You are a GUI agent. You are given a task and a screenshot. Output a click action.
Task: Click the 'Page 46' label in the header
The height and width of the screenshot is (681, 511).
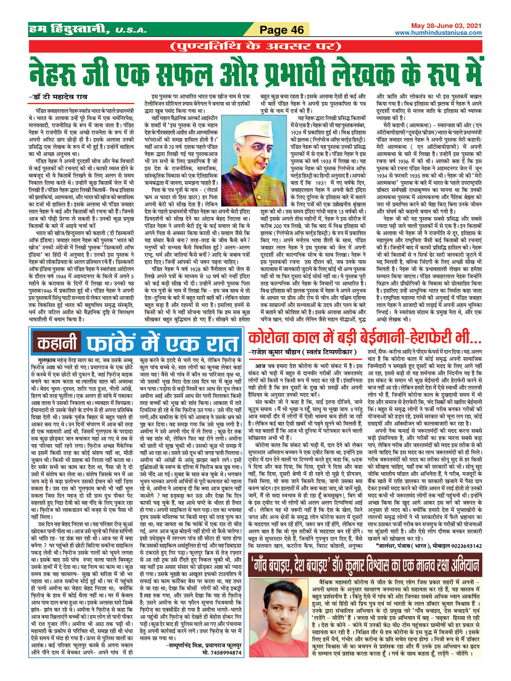(x=282, y=30)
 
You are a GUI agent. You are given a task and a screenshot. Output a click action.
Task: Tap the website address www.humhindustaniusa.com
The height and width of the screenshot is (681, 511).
(x=438, y=33)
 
